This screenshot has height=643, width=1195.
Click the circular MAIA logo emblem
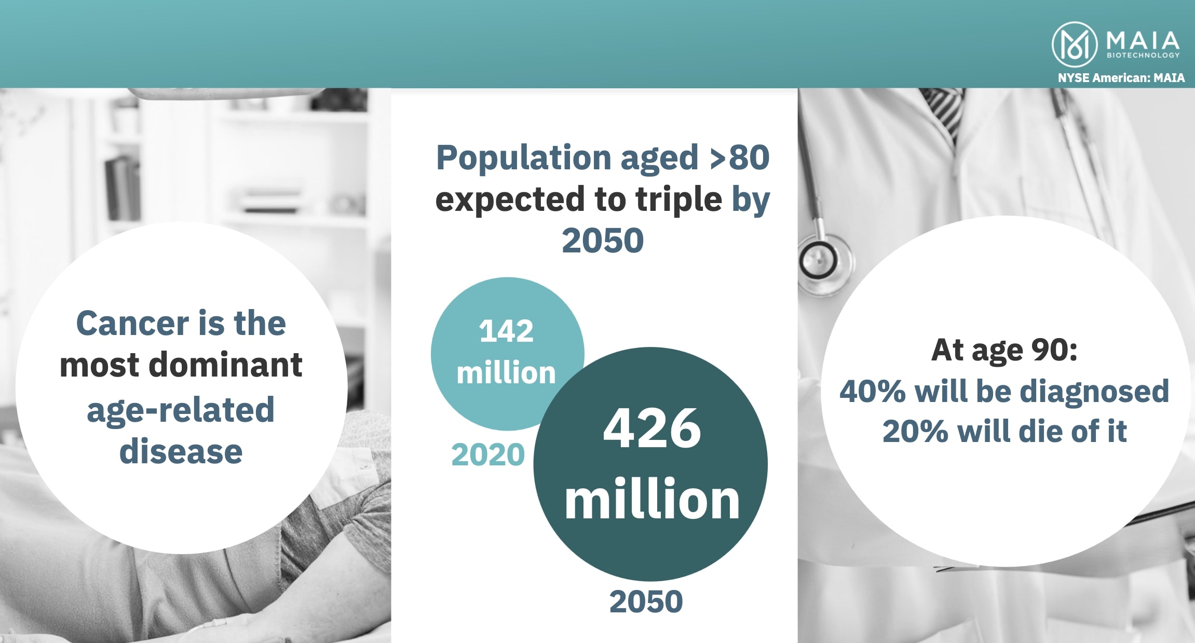click(x=1075, y=44)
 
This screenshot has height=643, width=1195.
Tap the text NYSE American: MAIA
click(x=1121, y=78)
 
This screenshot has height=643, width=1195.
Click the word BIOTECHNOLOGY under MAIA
click(x=1143, y=55)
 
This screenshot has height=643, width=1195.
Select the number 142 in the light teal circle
click(x=506, y=331)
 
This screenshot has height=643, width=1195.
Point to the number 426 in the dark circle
click(x=651, y=428)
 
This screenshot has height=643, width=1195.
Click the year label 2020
click(x=488, y=455)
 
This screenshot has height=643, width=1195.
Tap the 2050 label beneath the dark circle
click(x=646, y=602)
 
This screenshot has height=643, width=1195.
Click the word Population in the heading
click(x=524, y=159)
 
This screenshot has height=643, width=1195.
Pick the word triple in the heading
click(x=678, y=200)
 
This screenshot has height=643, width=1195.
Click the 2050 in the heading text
click(x=603, y=240)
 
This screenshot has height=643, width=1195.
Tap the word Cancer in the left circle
click(x=132, y=324)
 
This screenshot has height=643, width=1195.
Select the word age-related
click(x=181, y=411)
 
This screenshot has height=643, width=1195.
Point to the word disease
click(x=181, y=452)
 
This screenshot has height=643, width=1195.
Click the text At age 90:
click(x=1004, y=351)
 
